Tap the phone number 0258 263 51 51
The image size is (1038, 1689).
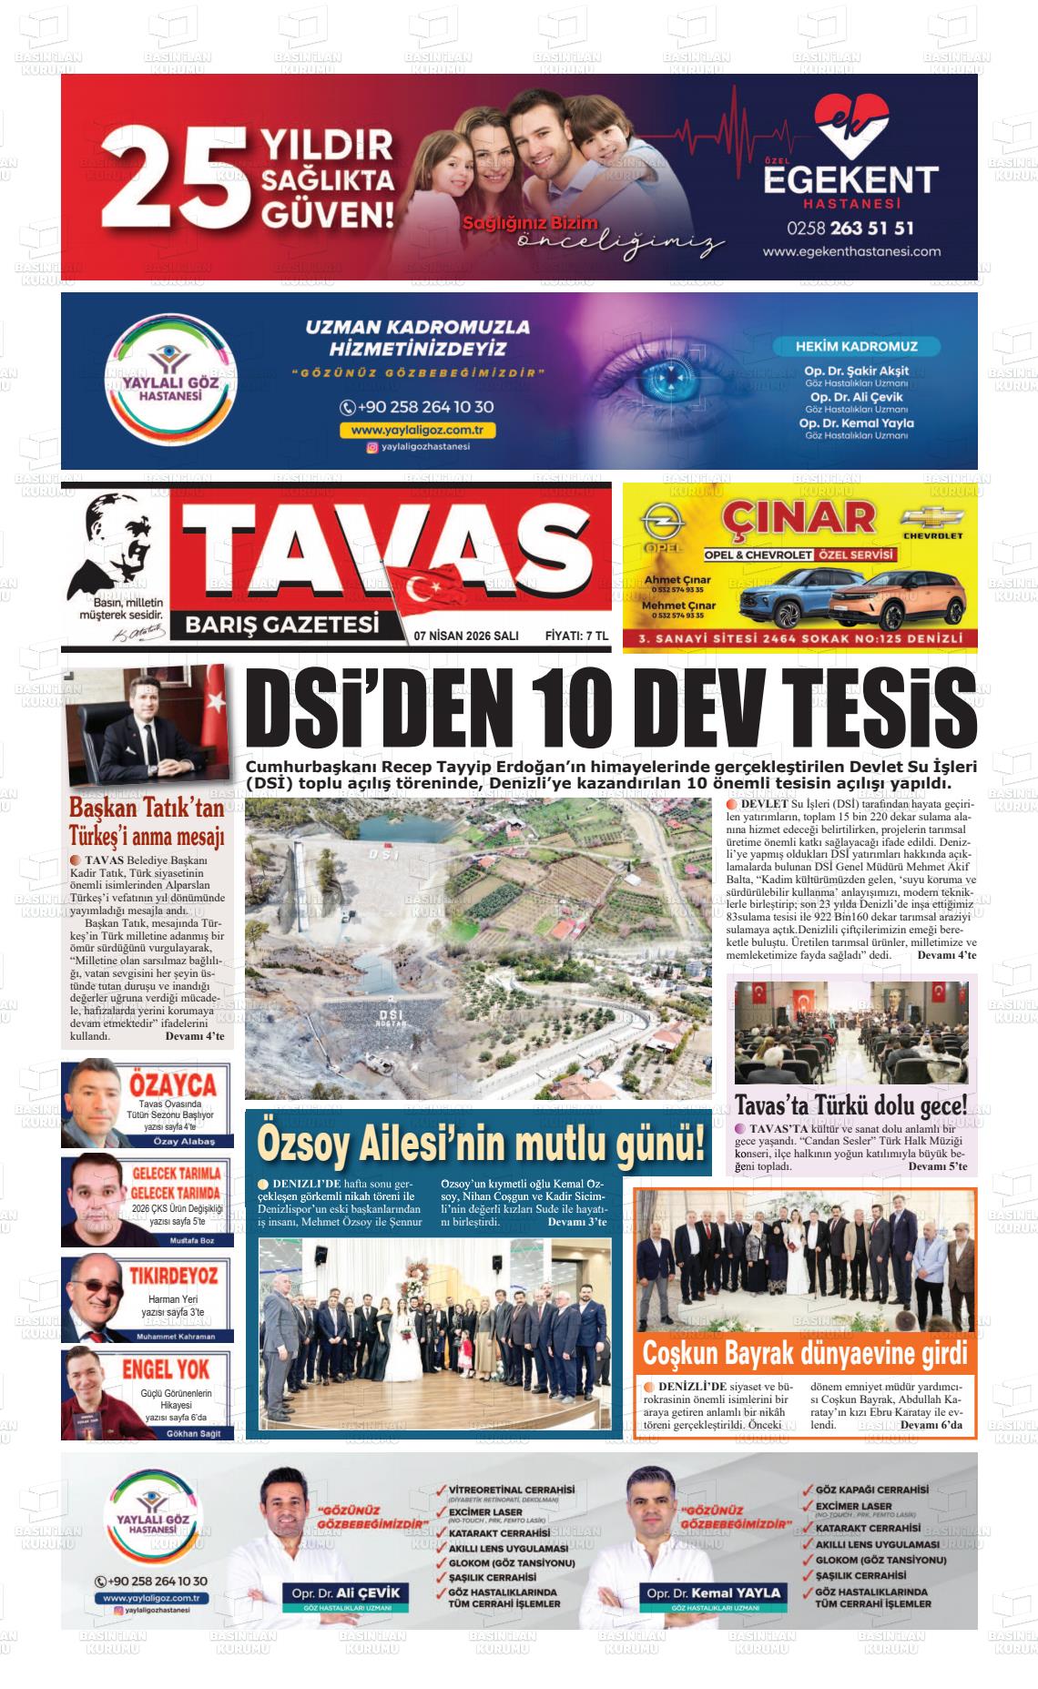pyautogui.click(x=850, y=228)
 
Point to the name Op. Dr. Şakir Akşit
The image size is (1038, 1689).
pyautogui.click(x=856, y=371)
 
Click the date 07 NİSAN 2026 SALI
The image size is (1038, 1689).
pyautogui.click(x=465, y=636)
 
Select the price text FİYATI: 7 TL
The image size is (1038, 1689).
pyautogui.click(x=576, y=636)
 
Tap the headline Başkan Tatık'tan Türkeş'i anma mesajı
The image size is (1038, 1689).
pyautogui.click(x=147, y=822)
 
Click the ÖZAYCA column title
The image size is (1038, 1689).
pyautogui.click(x=173, y=1084)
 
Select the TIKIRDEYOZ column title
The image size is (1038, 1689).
pyautogui.click(x=173, y=1274)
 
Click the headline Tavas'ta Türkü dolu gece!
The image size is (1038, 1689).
pyautogui.click(x=850, y=1105)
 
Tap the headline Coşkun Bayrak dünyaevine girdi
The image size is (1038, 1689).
pyautogui.click(x=804, y=1353)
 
